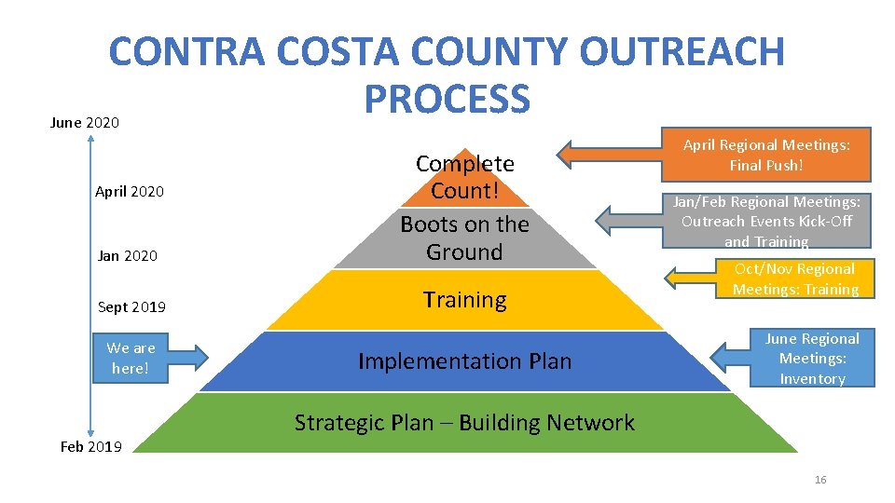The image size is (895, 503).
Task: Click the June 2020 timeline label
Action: pos(84,122)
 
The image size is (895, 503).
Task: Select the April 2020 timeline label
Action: pos(129,191)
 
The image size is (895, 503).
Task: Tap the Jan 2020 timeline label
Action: pos(127,255)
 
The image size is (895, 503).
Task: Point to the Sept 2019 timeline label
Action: pos(131,307)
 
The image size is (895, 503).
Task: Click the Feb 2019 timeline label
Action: pos(90,446)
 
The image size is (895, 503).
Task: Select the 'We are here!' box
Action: pos(131,358)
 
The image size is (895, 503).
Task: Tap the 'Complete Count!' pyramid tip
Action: pos(464,177)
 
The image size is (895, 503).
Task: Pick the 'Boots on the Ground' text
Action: pos(464,238)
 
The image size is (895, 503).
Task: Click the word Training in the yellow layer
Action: pos(464,300)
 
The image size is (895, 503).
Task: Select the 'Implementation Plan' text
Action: pos(464,361)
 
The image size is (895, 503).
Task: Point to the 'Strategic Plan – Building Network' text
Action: pos(464,423)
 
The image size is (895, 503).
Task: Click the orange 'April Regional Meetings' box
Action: pos(766,155)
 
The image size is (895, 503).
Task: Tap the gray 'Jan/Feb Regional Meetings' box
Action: pos(766,221)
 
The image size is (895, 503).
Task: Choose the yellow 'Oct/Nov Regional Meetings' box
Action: pos(794,279)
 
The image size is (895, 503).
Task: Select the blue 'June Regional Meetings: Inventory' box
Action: pos(812,358)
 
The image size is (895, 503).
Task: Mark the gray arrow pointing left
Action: pos(627,218)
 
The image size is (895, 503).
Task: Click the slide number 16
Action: pos(820,480)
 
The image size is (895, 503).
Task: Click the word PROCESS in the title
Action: pos(447,99)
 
